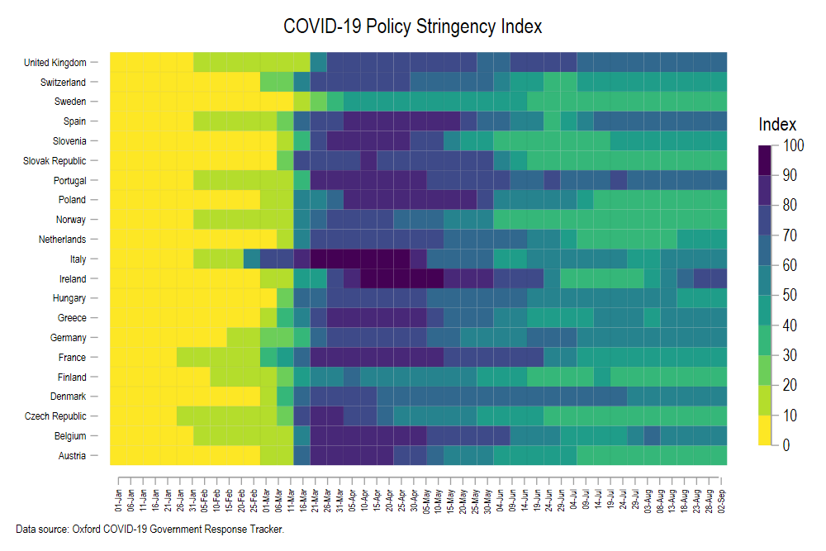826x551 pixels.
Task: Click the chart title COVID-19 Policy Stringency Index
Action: coord(412,26)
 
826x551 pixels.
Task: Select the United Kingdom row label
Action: coord(55,62)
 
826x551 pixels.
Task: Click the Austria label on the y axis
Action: coord(71,455)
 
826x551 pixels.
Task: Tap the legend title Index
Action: coord(777,125)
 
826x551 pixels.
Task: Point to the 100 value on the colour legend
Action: coord(793,146)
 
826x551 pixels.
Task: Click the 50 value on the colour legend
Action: coord(790,296)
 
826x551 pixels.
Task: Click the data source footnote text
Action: coord(150,529)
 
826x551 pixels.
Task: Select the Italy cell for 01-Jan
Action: coord(119,259)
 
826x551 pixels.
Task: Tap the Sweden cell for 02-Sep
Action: coord(719,102)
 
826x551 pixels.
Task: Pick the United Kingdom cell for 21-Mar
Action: coord(319,62)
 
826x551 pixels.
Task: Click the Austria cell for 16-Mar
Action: coord(301,455)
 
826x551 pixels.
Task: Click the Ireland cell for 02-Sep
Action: coord(719,278)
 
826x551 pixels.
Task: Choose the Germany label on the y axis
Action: coord(66,338)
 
